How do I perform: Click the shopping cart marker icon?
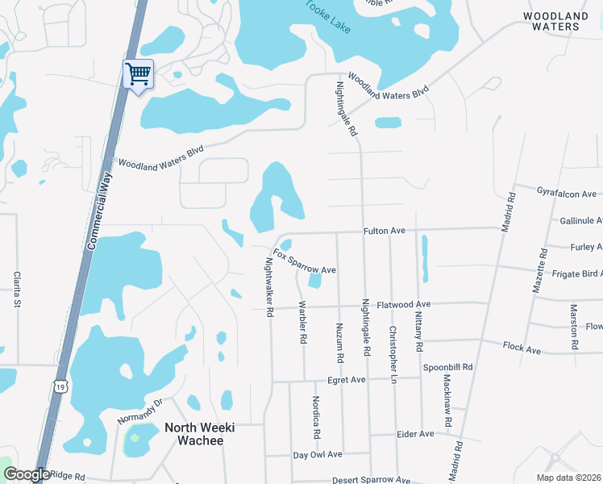138,74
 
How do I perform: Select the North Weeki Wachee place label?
193,434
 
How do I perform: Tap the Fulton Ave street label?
384,231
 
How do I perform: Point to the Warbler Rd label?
303,323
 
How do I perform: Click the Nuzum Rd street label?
340,340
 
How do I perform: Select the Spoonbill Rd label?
447,366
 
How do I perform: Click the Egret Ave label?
347,379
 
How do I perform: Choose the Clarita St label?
17,290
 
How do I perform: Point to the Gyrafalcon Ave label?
566,194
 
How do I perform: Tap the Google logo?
26,474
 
